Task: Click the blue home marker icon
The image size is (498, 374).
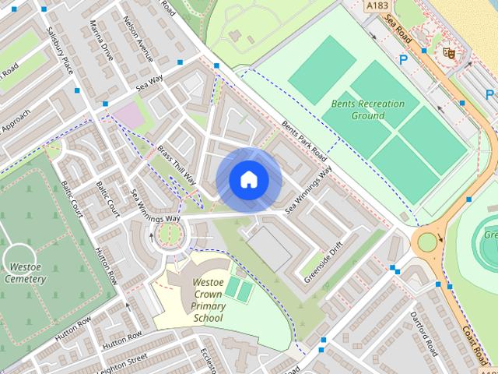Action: (x=248, y=180)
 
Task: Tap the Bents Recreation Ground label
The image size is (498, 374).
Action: (x=368, y=109)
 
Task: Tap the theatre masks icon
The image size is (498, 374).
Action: (x=447, y=52)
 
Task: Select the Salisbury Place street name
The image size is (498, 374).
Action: (x=58, y=52)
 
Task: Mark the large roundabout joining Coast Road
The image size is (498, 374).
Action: (x=428, y=241)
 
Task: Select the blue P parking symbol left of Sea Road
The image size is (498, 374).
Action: (x=403, y=58)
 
